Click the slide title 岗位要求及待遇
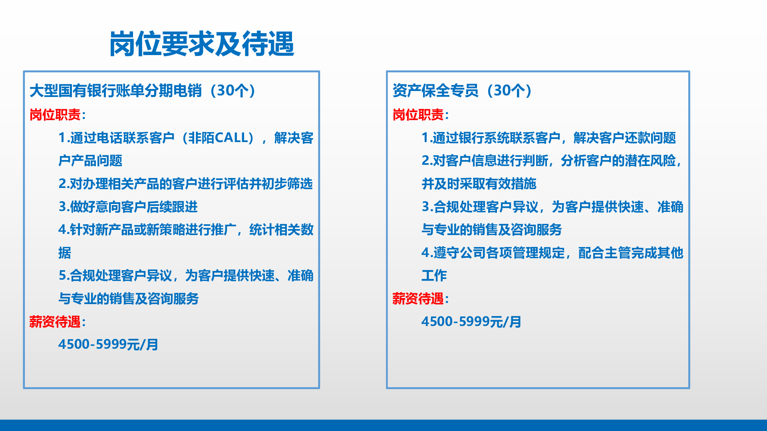(x=202, y=43)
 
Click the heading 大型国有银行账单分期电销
(x=116, y=91)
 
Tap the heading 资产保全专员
(x=435, y=91)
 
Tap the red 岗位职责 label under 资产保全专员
(x=418, y=115)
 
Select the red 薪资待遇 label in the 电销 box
(x=55, y=322)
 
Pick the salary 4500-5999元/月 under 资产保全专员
(x=471, y=322)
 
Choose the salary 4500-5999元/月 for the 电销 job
(x=108, y=344)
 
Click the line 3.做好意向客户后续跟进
(x=128, y=207)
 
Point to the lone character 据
(x=65, y=253)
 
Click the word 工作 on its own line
(x=434, y=275)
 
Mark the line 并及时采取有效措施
(x=479, y=184)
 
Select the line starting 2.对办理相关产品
(x=186, y=184)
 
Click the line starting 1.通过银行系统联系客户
(x=549, y=138)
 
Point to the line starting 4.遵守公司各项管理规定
(x=552, y=253)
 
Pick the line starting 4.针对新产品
(x=186, y=229)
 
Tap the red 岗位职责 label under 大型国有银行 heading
(x=55, y=115)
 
